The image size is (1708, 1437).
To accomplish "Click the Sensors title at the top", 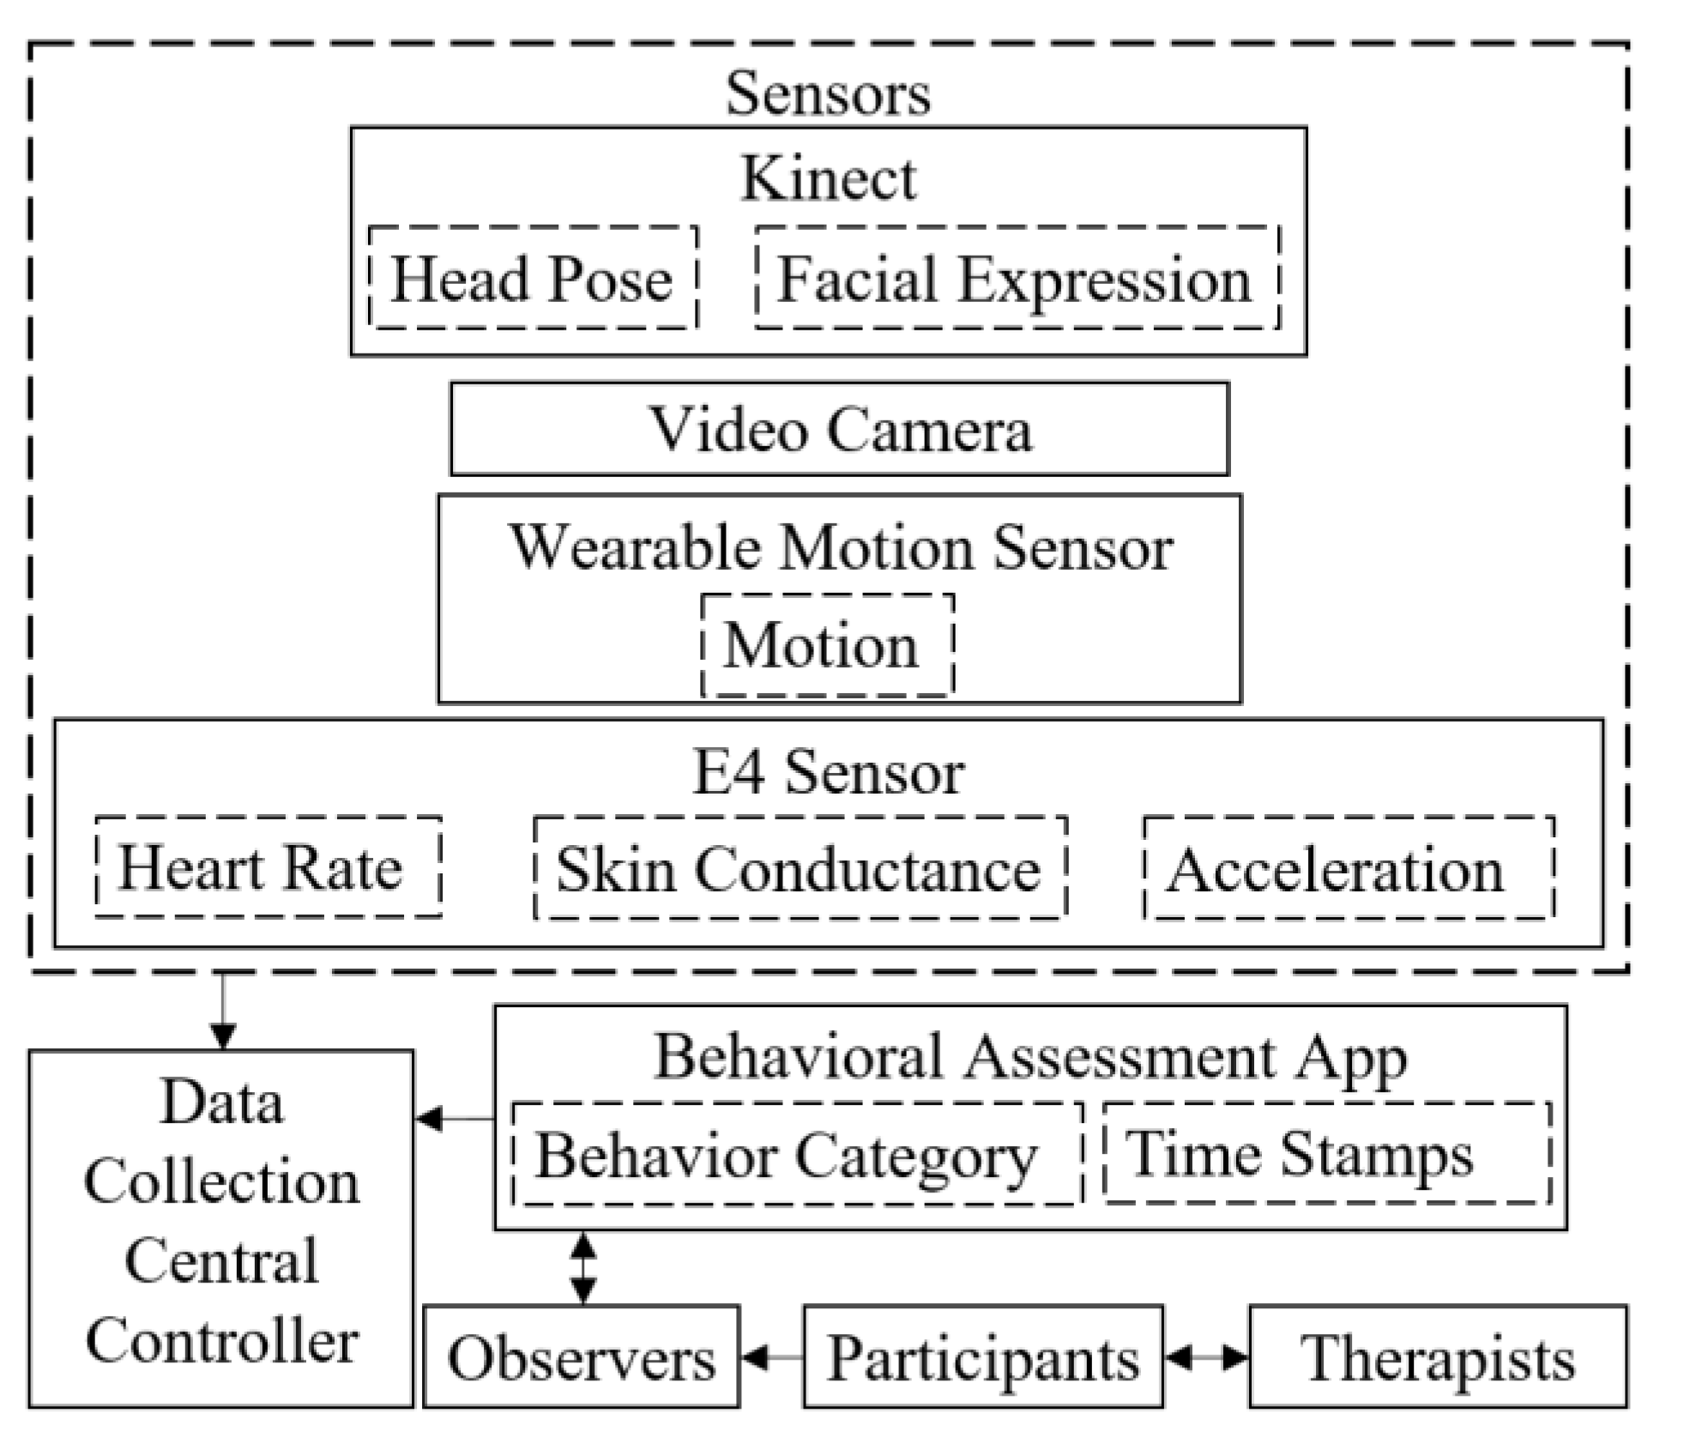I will point(828,93).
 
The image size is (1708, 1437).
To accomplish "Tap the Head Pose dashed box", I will point(533,278).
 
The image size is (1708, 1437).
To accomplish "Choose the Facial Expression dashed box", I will point(1017,278).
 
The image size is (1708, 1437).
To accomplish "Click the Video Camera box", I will point(839,429).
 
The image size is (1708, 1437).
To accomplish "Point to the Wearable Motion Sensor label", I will point(841,546).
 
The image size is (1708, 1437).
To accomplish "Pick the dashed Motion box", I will point(827,645).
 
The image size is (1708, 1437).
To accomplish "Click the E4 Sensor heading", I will point(828,772).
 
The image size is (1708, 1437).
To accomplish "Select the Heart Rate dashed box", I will point(268,867).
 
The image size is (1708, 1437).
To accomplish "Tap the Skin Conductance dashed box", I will point(800,868).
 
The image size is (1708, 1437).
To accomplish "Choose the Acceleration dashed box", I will point(1348,868).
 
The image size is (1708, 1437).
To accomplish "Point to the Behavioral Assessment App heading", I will point(1029,1057).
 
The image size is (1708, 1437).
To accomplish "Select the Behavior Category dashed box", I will point(796,1154).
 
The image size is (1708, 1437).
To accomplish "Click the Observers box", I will point(582,1358).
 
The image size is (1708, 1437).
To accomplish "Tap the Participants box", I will point(982,1358).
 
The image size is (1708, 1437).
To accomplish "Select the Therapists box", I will point(1437,1358).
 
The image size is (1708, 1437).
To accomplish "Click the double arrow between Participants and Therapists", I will point(1206,1357).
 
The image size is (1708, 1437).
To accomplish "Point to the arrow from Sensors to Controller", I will point(223,1012).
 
